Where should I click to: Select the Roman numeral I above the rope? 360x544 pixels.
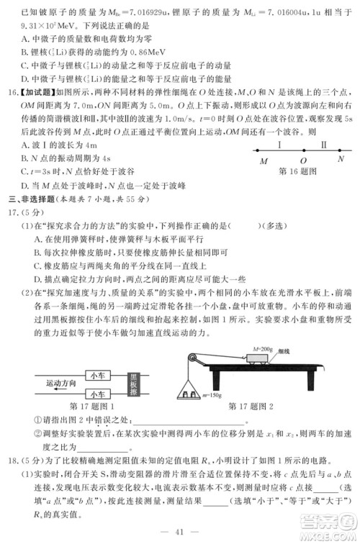[280, 145]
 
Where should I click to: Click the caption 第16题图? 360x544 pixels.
[300, 173]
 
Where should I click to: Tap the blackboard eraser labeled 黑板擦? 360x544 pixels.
[132, 384]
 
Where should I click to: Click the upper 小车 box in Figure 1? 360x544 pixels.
[96, 375]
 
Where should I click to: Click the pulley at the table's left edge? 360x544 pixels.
[192, 358]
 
